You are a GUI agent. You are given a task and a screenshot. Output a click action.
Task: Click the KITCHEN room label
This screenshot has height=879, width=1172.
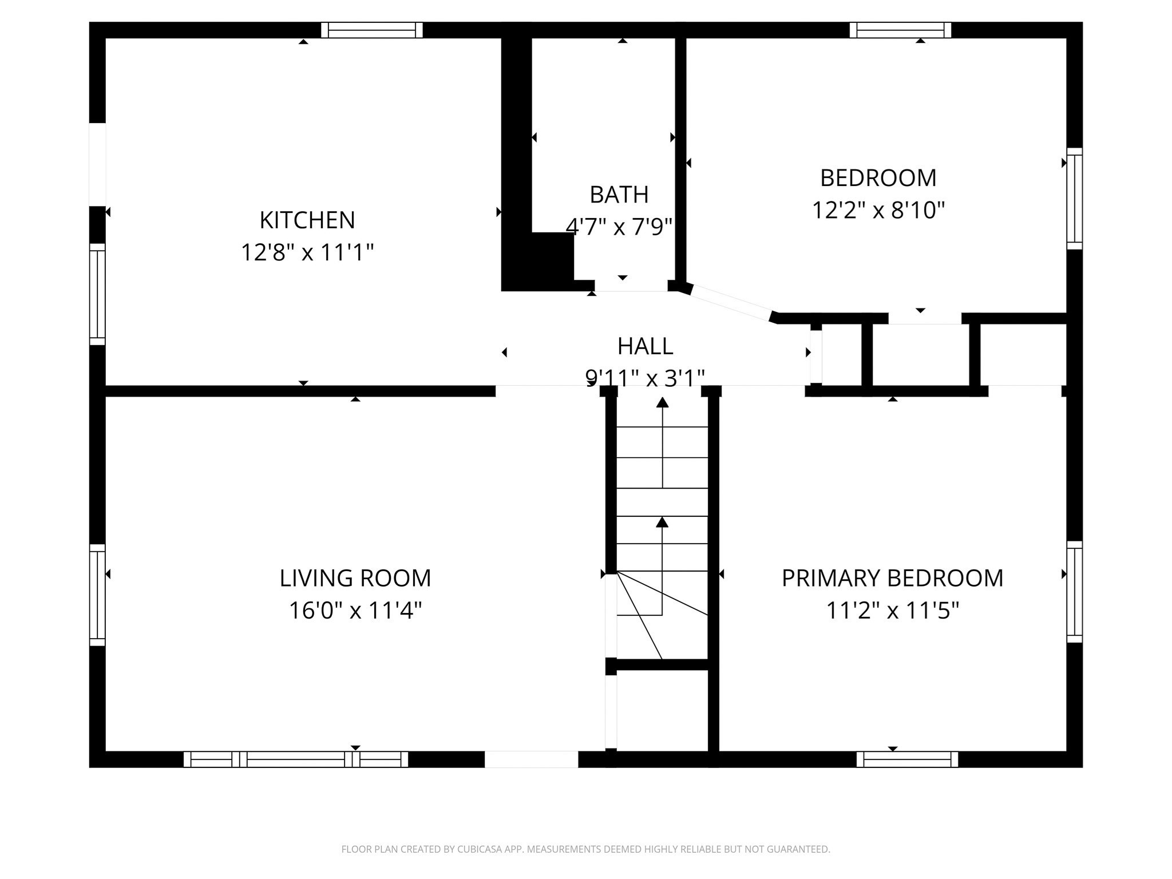coord(307,220)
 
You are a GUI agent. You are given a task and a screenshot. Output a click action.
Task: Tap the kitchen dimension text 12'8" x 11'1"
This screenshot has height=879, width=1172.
coord(307,252)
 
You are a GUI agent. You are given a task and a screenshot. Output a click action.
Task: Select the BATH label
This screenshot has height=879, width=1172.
coord(619,195)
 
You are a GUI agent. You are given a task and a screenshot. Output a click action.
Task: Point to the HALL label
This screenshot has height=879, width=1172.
coord(645,346)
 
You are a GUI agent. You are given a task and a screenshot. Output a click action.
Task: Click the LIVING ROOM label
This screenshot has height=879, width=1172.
coord(355,578)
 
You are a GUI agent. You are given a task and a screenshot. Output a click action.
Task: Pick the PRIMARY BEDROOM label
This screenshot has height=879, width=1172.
coord(892,578)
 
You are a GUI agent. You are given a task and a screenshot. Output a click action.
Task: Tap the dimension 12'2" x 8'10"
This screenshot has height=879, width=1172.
coord(878,210)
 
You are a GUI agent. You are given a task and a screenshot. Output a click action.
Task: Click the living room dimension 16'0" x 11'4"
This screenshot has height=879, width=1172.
coord(355,611)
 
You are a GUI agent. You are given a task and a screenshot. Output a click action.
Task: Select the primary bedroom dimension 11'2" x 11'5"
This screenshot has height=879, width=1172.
coord(892,611)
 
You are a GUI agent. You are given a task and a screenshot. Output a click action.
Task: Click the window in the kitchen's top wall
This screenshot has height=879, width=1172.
coord(372,30)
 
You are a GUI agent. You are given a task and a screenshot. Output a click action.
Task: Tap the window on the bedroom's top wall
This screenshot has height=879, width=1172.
coord(900,30)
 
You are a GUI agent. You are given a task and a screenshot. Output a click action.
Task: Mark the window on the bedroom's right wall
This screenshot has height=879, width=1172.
coord(1075,199)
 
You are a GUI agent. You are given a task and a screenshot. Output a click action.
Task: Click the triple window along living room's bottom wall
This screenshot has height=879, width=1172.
coord(296,759)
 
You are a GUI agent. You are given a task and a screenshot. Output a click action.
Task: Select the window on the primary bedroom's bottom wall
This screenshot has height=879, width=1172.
coord(907,759)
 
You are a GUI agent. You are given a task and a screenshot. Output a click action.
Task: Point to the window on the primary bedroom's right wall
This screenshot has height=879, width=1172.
coord(1075,592)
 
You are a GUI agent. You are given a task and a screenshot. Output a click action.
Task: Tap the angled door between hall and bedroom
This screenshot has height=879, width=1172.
coord(731,303)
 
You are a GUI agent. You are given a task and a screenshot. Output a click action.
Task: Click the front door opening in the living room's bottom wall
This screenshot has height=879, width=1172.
coord(531,759)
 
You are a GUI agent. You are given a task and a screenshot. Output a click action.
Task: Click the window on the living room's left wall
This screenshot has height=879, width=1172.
coord(97,595)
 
